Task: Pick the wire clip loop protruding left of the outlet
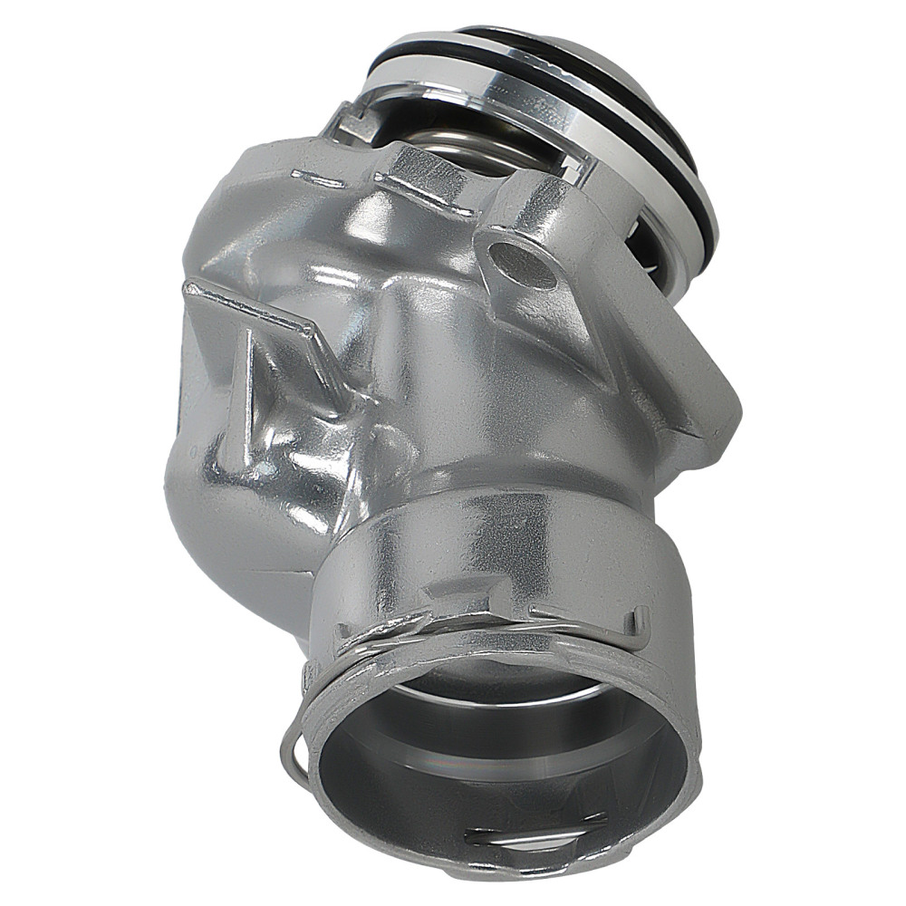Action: pyautogui.click(x=292, y=752)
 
